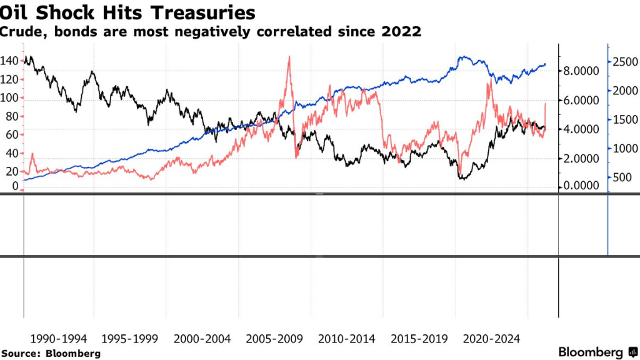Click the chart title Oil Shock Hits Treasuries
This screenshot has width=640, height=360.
click(127, 12)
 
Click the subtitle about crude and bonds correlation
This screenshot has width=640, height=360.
click(211, 32)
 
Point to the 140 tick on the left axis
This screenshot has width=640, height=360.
click(11, 61)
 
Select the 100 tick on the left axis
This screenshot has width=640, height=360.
click(11, 98)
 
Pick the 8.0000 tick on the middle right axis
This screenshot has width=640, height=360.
click(581, 71)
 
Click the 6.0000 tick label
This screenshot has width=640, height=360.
click(581, 101)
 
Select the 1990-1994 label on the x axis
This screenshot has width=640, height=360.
click(57, 339)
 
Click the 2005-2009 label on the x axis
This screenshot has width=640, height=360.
click(274, 339)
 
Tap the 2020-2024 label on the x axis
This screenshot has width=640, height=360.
click(491, 339)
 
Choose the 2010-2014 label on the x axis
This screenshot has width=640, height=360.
click(347, 339)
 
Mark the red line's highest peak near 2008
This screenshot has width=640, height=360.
click(289, 57)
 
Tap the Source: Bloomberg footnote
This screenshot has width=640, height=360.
click(51, 353)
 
